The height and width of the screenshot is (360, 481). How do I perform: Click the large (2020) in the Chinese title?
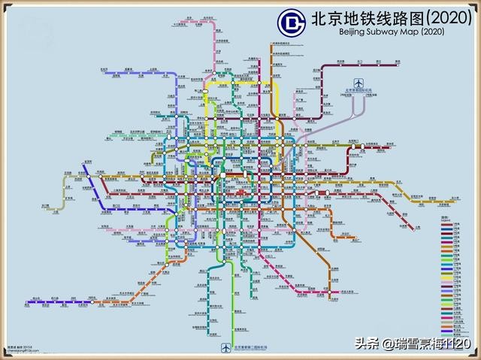(435, 17)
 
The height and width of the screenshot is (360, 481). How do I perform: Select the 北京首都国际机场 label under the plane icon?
(358, 92)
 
